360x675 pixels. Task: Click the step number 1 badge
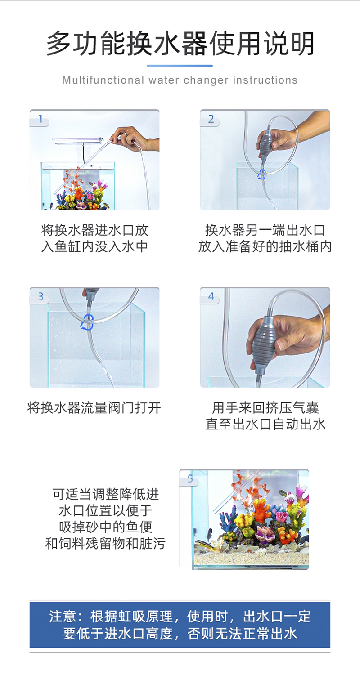point(40,119)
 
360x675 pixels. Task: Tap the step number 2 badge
point(210,119)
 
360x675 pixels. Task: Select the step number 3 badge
point(40,297)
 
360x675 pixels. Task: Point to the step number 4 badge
point(210,297)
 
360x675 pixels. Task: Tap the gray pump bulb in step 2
point(265,141)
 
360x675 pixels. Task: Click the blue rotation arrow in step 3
point(88,322)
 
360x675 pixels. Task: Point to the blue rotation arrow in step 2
point(262,174)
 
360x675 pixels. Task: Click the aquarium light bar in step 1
point(78,140)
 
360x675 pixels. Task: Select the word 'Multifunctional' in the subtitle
point(103,80)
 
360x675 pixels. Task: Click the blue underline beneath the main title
point(180,65)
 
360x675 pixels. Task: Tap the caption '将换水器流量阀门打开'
point(94,408)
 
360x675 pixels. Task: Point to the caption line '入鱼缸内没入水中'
point(94,246)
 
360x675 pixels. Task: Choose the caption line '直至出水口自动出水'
point(265,424)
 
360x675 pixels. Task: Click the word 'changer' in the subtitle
point(205,80)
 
